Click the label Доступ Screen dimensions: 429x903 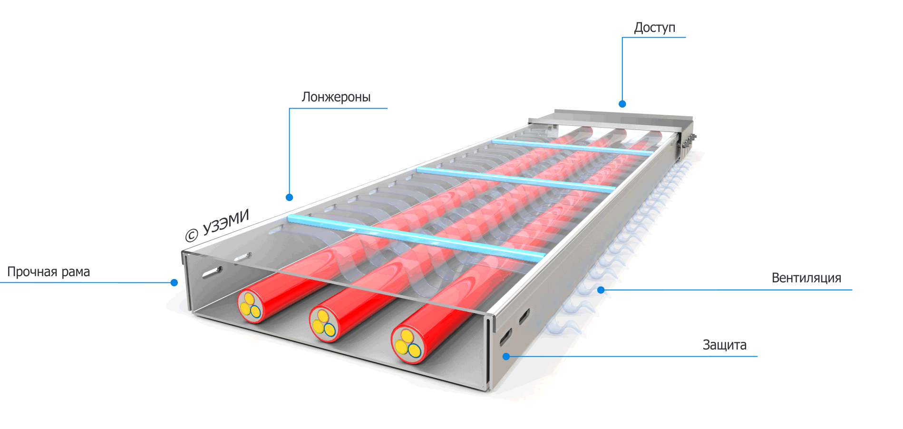tap(654, 28)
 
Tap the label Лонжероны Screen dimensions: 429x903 tap(336, 97)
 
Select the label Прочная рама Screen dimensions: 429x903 tap(49, 272)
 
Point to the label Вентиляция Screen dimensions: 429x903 tap(806, 278)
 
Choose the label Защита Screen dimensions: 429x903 tap(724, 345)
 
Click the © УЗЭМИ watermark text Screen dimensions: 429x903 tap(217, 226)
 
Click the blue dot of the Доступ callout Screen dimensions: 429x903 tap(622, 104)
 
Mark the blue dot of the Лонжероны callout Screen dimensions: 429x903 tap(289, 197)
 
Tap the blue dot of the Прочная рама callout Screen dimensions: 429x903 tap(174, 283)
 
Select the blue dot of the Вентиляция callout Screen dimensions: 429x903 tap(601, 290)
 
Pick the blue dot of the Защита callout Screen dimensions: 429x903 tap(506, 357)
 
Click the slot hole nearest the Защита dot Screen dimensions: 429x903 tap(505, 337)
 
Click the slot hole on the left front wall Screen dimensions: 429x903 tap(212, 273)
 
